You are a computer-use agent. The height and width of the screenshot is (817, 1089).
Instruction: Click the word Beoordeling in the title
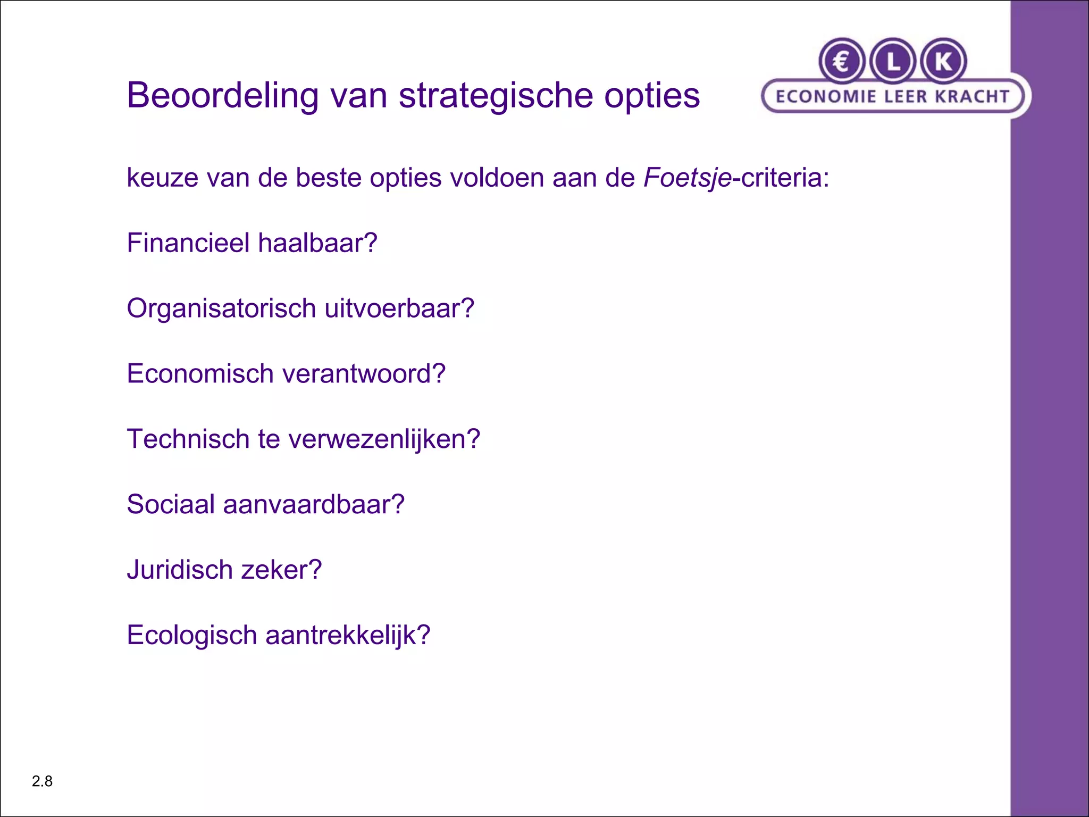pyautogui.click(x=223, y=96)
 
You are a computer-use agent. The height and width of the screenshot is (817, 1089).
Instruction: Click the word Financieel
pyautogui.click(x=188, y=243)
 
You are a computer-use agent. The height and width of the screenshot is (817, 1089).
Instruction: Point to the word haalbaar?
pyautogui.click(x=317, y=243)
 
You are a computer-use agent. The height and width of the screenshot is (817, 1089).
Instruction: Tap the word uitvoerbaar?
pyautogui.click(x=399, y=309)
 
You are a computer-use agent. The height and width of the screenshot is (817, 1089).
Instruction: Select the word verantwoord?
pyautogui.click(x=364, y=374)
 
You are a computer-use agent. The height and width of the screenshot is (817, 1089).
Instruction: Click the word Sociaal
pyautogui.click(x=171, y=505)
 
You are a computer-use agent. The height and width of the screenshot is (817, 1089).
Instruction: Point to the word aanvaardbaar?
pyautogui.click(x=314, y=505)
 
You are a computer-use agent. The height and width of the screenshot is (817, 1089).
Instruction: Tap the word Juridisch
pyautogui.click(x=180, y=570)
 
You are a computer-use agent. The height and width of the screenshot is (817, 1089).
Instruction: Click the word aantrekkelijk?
pyautogui.click(x=348, y=636)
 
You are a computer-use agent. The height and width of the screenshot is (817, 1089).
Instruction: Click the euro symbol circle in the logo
pyautogui.click(x=842, y=62)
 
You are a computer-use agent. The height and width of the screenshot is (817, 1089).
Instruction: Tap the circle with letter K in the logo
pyautogui.click(x=943, y=62)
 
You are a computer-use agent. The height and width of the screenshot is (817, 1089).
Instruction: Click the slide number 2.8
pyautogui.click(x=42, y=781)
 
